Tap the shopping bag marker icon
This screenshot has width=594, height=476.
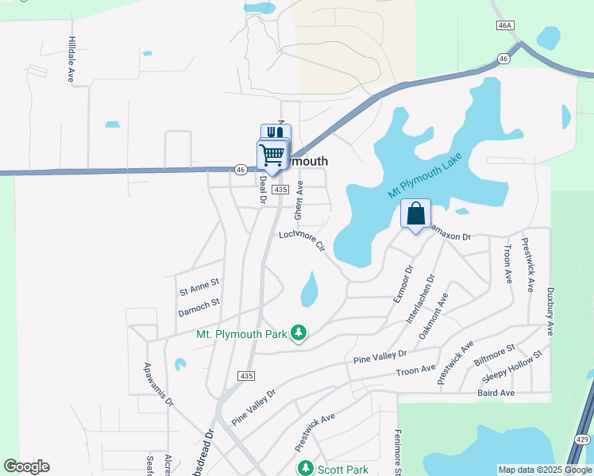[415, 213]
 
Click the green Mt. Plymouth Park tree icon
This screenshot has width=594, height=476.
[298, 334]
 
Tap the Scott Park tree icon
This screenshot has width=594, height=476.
[304, 469]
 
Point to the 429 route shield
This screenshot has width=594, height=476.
[580, 439]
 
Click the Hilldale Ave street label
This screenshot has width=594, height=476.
[71, 59]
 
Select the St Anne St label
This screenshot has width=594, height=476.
[199, 282]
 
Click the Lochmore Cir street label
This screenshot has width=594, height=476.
[303, 241]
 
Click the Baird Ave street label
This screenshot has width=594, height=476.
[496, 393]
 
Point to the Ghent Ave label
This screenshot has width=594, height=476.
[299, 200]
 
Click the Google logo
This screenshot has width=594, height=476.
[26, 466]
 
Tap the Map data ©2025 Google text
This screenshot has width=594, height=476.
[544, 470]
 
